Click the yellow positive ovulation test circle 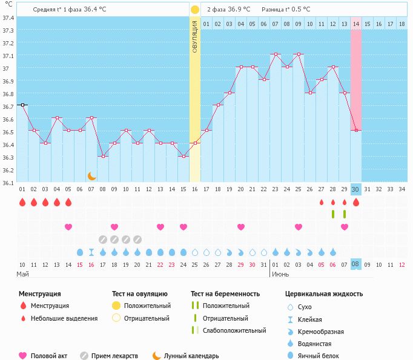tap(195, 10)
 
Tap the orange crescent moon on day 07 tap(91, 176)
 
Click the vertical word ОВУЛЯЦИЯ tap(195, 36)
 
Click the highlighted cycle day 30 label tap(356, 189)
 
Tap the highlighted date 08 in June tap(356, 264)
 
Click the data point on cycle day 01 tap(22, 105)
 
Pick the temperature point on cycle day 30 tap(356, 130)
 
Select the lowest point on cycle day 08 tap(103, 156)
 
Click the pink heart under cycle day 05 tap(68, 227)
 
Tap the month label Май tap(22, 274)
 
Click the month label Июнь tap(280, 274)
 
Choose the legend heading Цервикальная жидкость tap(324, 293)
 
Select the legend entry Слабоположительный tap(234, 330)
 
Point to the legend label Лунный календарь tap(191, 356)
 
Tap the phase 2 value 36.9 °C tap(239, 10)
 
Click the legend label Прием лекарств tap(114, 356)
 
